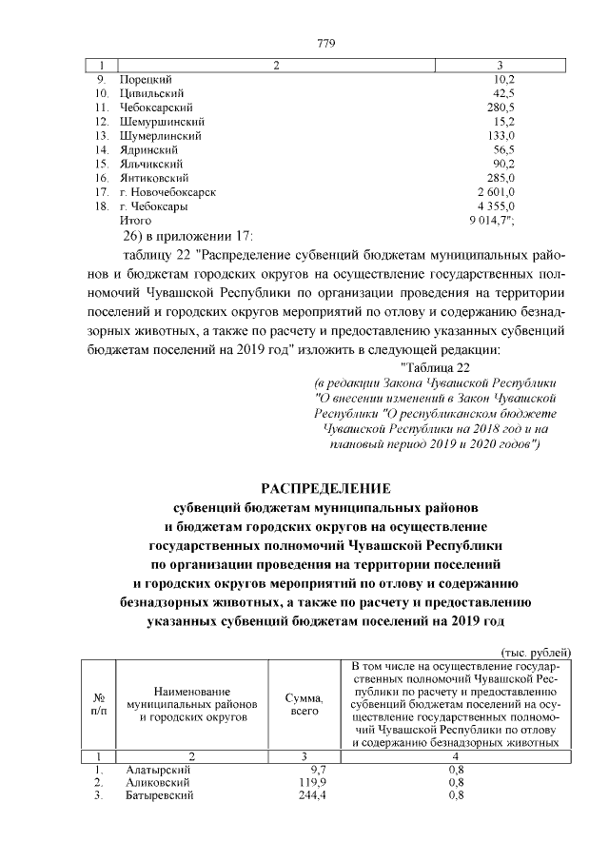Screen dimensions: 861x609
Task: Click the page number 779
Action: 324,44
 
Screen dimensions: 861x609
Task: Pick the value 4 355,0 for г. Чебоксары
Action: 495,206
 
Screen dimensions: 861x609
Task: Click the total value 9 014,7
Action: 492,221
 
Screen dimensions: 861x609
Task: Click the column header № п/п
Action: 98,704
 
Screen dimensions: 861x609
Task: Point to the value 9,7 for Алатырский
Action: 318,768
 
